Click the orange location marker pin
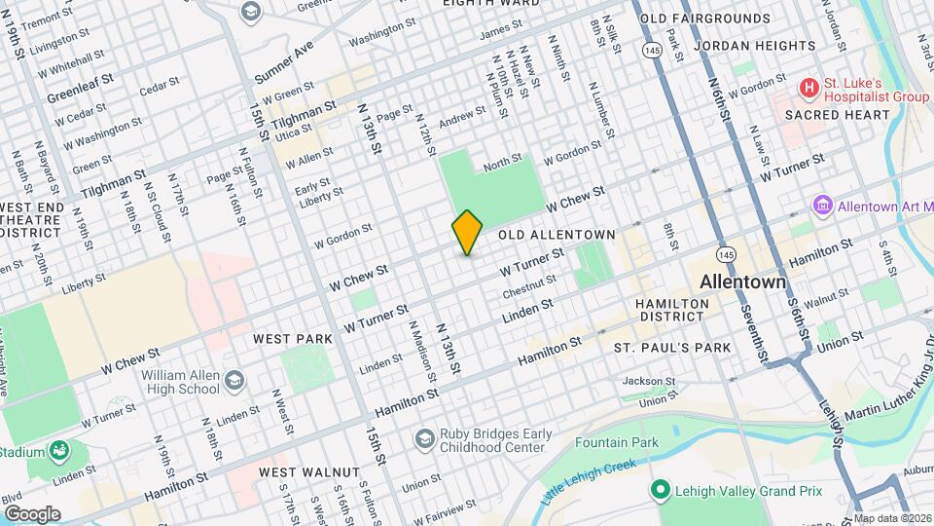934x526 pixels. click(x=468, y=233)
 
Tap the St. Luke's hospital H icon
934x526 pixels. click(x=808, y=89)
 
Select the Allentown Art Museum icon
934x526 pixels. click(x=823, y=207)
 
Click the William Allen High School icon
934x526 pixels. click(x=233, y=380)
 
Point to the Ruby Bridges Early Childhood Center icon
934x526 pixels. click(x=423, y=440)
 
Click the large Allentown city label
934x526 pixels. click(x=742, y=282)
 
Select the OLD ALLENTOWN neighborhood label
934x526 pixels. click(x=557, y=235)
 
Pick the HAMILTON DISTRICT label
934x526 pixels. click(x=672, y=310)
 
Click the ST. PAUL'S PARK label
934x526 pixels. click(x=671, y=348)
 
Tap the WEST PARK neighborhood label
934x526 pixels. click(x=293, y=339)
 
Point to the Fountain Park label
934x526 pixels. click(x=616, y=442)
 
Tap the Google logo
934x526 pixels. click(x=32, y=514)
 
